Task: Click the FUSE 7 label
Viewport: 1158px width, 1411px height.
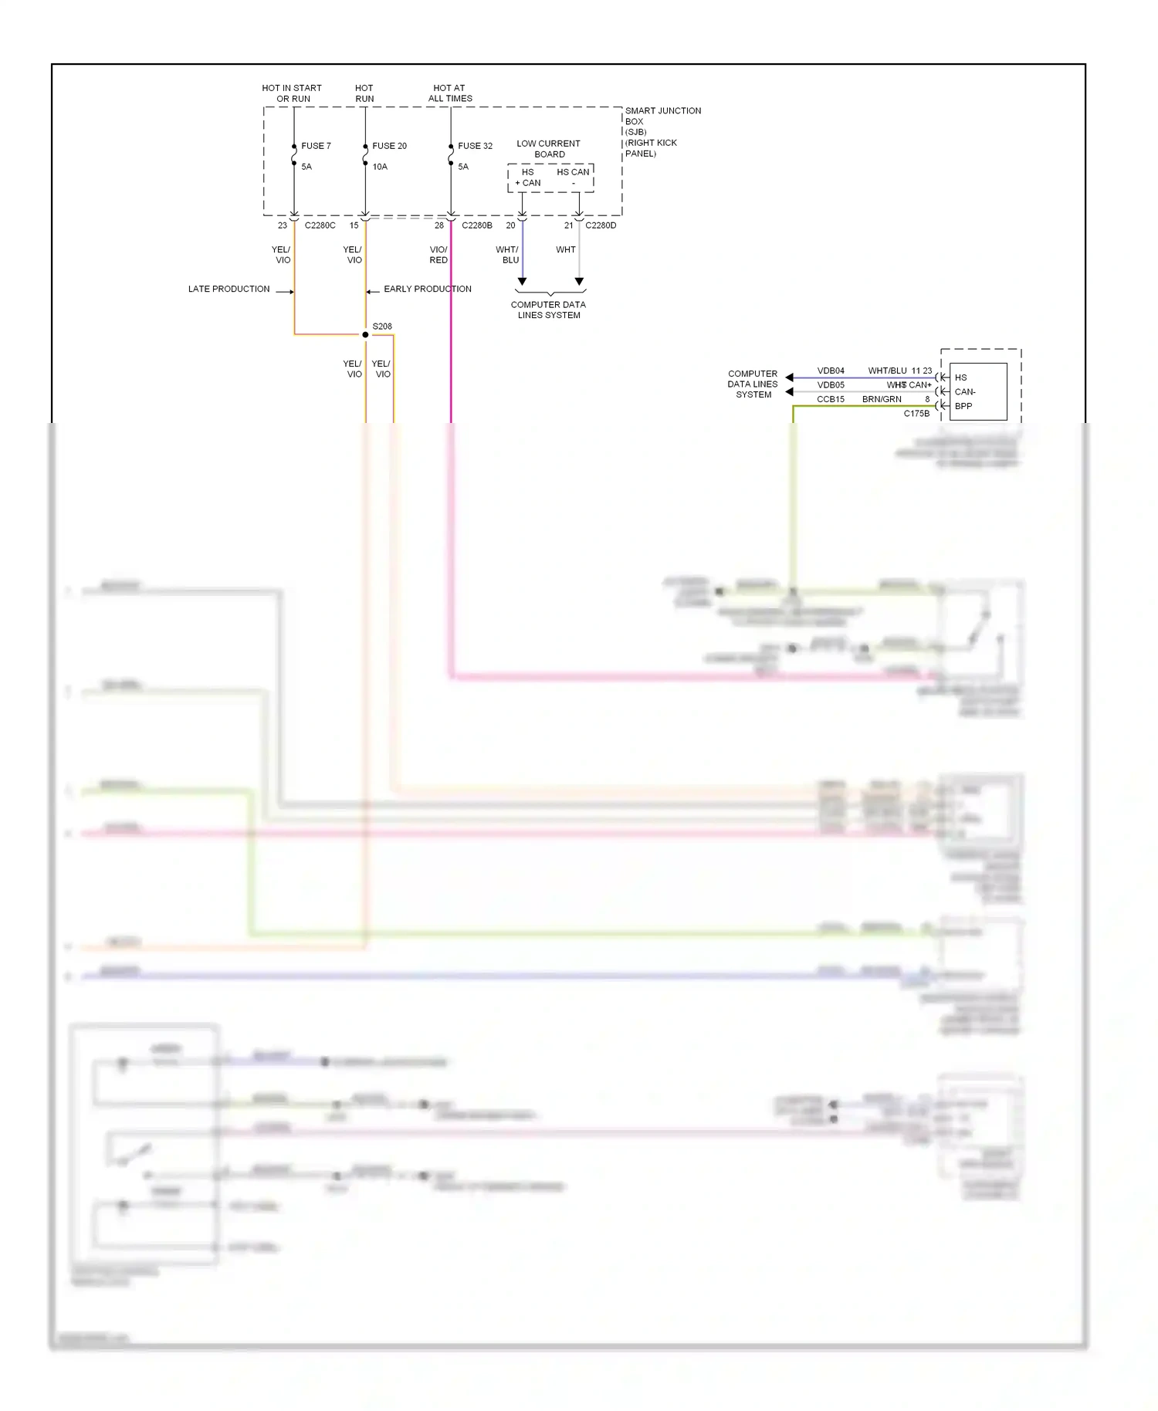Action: (316, 146)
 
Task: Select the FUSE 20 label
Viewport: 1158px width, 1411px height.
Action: (389, 146)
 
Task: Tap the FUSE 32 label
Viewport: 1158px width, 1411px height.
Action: (475, 146)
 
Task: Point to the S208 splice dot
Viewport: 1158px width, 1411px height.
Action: (365, 335)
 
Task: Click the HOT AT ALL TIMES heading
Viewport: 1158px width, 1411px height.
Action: (450, 93)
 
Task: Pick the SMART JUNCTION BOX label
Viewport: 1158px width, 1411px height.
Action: (662, 116)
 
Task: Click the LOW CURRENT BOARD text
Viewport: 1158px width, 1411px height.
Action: (548, 149)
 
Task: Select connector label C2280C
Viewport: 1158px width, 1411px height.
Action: (320, 225)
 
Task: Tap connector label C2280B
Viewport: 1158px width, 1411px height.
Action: (476, 225)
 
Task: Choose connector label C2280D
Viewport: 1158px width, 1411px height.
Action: (601, 225)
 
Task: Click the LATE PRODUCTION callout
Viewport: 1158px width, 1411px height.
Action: (229, 289)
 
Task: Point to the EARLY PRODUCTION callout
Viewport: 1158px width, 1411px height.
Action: (428, 289)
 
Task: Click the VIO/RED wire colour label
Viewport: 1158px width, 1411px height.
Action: (438, 255)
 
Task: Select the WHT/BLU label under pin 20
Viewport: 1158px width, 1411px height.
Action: (507, 255)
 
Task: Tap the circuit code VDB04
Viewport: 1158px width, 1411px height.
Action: (831, 371)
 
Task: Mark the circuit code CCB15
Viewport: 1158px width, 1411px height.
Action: (831, 399)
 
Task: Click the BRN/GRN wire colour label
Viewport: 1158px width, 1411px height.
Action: (882, 399)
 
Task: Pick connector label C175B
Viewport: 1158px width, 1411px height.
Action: (916, 414)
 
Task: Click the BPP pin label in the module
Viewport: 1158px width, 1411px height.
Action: (963, 406)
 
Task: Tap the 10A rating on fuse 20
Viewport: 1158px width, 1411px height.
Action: (380, 167)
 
